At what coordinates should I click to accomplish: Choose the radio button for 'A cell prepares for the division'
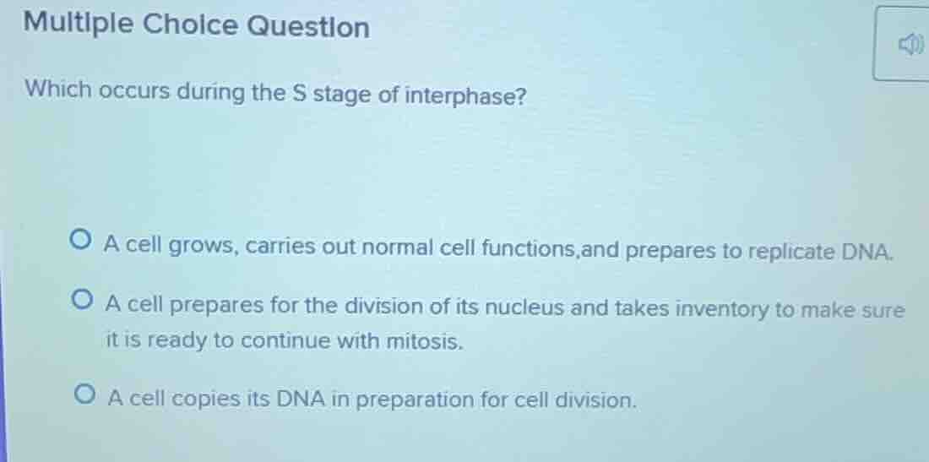tap(84, 301)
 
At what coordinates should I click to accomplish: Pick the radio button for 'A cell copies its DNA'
tap(84, 396)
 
